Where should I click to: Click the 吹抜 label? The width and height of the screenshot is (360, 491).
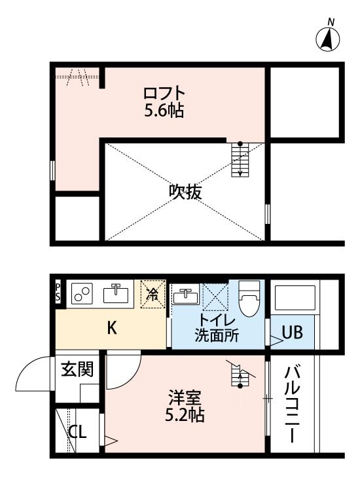(185, 192)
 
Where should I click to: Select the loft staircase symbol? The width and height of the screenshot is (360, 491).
(240, 160)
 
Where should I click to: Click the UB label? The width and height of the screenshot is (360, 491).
(292, 333)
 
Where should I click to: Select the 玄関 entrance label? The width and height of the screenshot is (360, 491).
(77, 369)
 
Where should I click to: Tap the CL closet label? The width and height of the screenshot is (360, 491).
(78, 433)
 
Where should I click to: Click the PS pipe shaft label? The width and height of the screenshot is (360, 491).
(58, 292)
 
